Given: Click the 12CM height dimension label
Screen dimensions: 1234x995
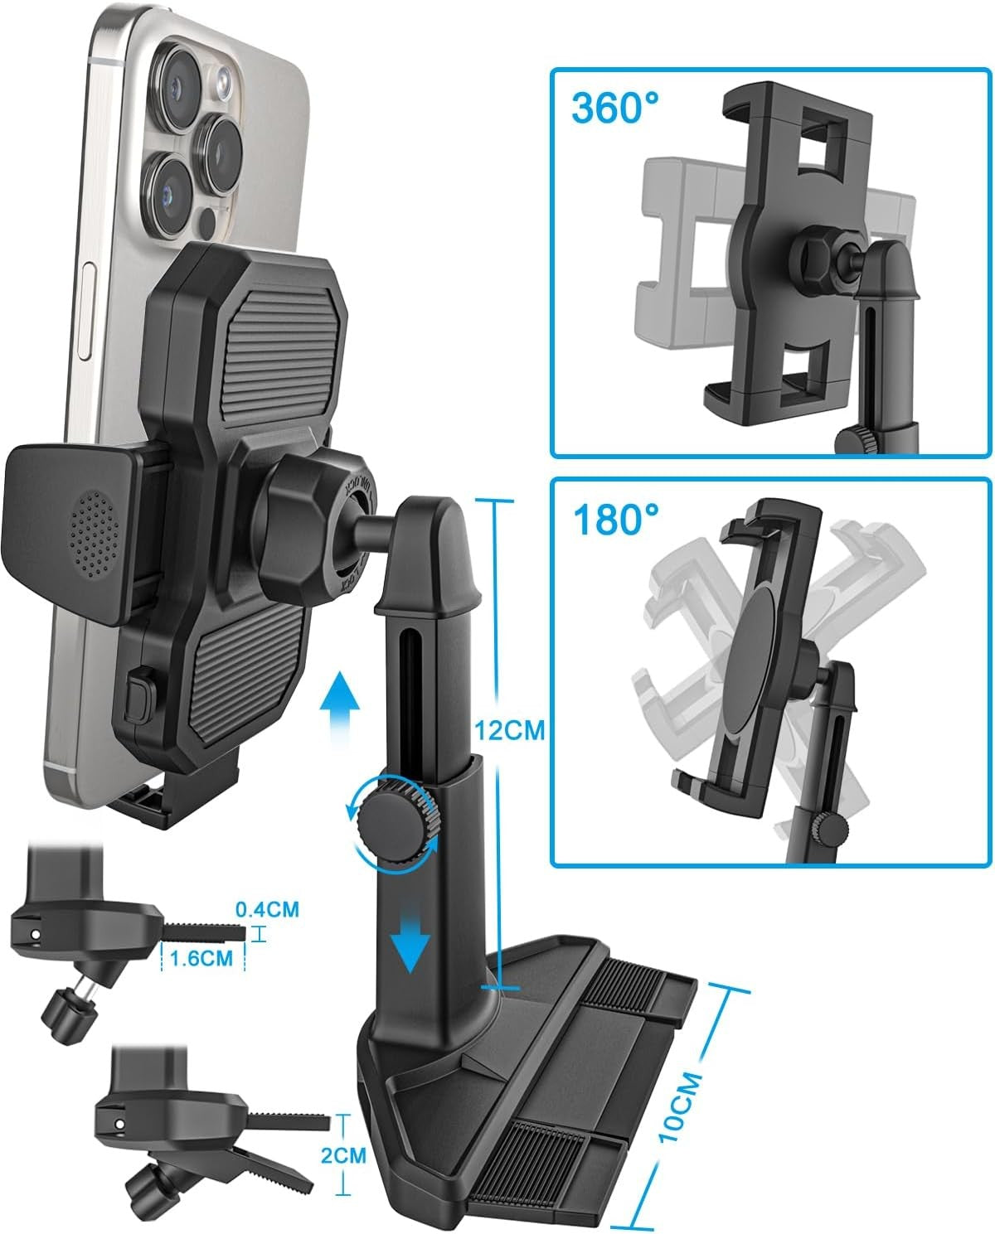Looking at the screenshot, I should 509,730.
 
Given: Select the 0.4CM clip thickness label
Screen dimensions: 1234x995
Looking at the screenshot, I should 267,909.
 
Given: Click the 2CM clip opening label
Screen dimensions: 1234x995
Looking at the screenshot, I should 343,1154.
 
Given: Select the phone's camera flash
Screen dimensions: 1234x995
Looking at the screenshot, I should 223,81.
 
